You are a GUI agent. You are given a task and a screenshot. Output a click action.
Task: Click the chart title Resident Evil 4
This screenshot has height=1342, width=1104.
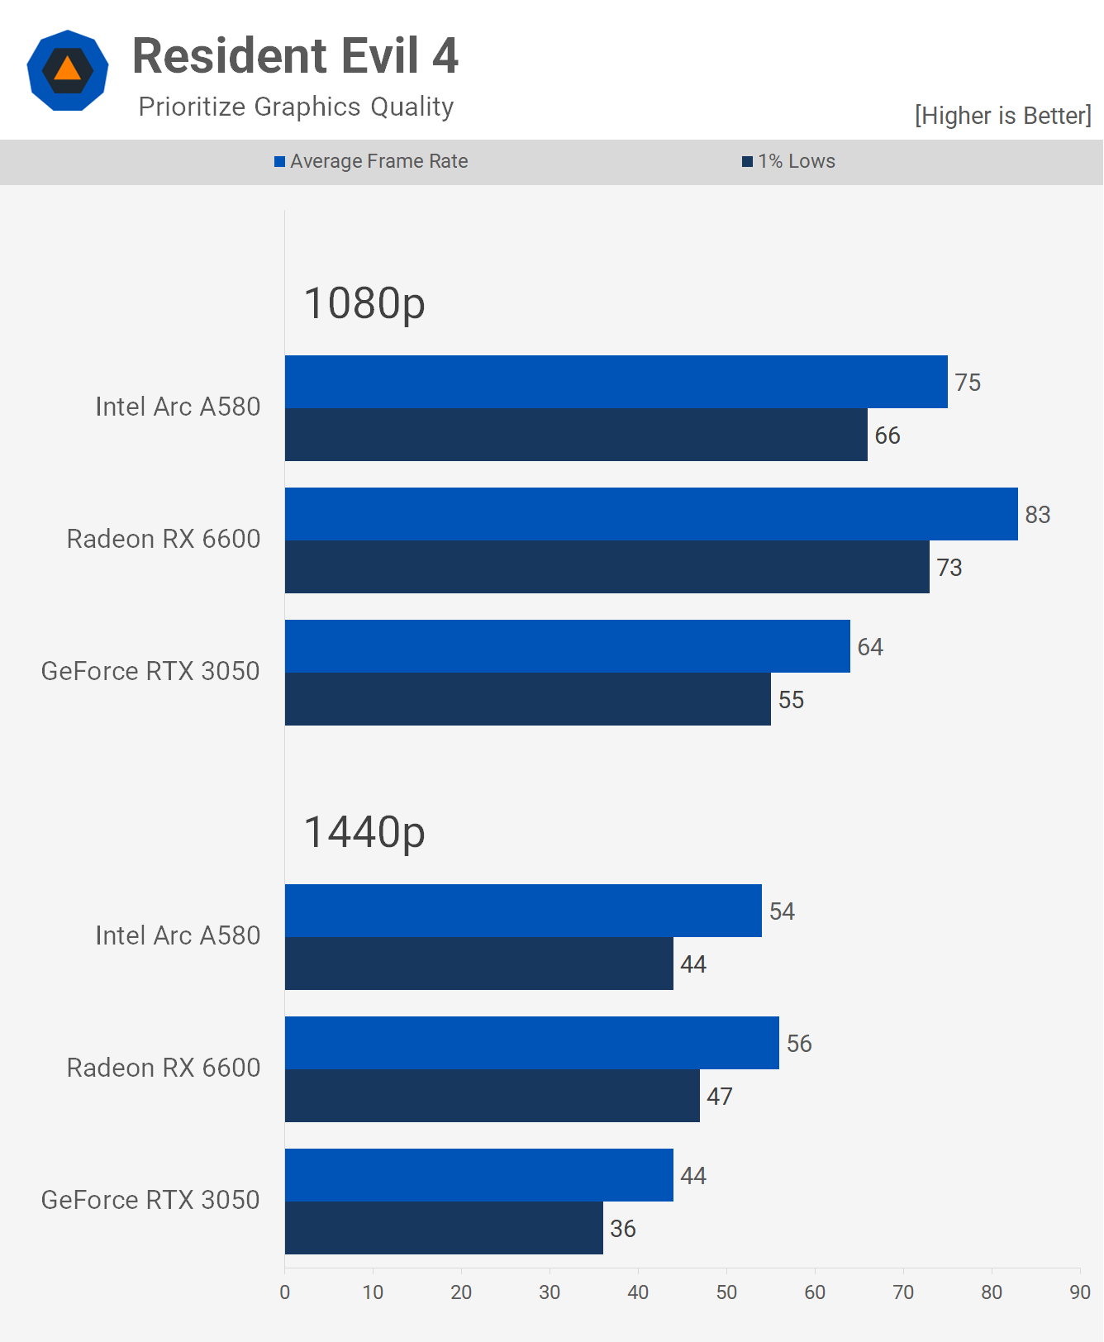pyautogui.click(x=295, y=55)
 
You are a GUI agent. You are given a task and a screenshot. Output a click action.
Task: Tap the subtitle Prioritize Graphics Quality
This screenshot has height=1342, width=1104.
pyautogui.click(x=296, y=107)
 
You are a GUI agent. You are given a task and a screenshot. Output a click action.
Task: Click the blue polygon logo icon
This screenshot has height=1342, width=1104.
pyautogui.click(x=68, y=70)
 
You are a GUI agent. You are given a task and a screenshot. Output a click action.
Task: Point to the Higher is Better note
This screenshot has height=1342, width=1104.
pyautogui.click(x=1003, y=116)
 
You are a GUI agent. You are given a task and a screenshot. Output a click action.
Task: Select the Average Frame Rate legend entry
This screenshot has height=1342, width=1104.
pyautogui.click(x=371, y=161)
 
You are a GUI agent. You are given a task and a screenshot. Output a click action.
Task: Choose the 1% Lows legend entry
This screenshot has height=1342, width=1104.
pyautogui.click(x=789, y=161)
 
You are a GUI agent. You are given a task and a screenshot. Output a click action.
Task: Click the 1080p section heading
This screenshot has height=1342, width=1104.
pyautogui.click(x=364, y=303)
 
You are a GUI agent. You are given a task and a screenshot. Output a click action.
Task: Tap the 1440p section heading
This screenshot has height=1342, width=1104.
pyautogui.click(x=364, y=832)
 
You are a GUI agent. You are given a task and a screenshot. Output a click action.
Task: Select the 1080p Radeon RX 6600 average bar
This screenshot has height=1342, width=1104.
pyautogui.click(x=651, y=514)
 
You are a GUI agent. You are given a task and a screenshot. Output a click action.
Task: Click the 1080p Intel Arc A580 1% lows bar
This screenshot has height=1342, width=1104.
pyautogui.click(x=576, y=435)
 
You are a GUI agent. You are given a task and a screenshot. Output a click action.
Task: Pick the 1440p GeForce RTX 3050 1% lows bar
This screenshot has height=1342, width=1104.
pyautogui.click(x=444, y=1228)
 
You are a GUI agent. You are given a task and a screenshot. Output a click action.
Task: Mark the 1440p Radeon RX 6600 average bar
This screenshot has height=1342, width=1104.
pyautogui.click(x=532, y=1043)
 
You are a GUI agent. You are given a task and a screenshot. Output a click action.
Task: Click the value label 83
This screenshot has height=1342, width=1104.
pyautogui.click(x=1038, y=515)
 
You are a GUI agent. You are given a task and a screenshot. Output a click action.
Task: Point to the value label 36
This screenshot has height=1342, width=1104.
pyautogui.click(x=623, y=1229)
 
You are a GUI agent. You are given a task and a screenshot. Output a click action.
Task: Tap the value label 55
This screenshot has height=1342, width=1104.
pyautogui.click(x=791, y=700)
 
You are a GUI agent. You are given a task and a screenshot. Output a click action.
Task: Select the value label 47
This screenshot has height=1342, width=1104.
pyautogui.click(x=720, y=1097)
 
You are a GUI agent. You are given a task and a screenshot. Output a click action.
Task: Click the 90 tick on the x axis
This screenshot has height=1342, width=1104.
pyautogui.click(x=1080, y=1292)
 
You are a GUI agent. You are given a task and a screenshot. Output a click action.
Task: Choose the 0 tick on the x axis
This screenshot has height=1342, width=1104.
pyautogui.click(x=285, y=1292)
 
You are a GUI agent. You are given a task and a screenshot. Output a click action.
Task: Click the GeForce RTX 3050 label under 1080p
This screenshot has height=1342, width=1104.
pyautogui.click(x=150, y=671)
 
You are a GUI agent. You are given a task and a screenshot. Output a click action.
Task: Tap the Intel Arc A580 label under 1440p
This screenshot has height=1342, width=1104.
pyautogui.click(x=178, y=935)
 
